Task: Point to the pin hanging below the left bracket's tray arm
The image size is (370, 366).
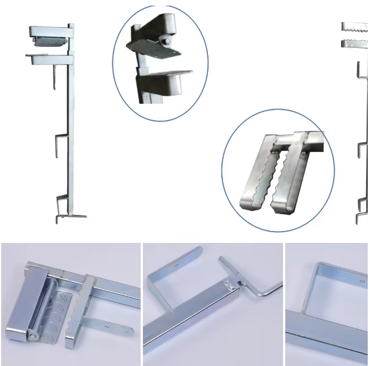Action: click(x=54, y=76)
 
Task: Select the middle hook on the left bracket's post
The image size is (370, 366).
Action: click(x=61, y=143)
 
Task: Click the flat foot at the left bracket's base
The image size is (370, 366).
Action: click(x=74, y=215)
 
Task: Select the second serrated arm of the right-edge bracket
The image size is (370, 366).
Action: click(x=355, y=43)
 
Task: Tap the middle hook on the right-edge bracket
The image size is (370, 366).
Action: click(x=362, y=150)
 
